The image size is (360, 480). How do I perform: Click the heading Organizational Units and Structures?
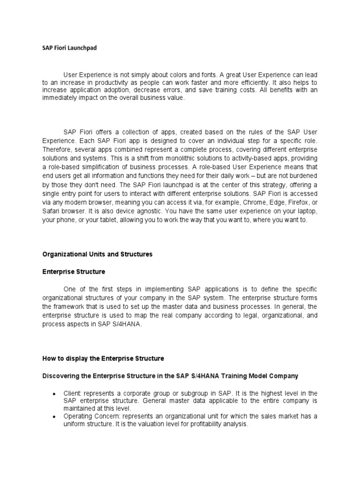pyautogui.click(x=97, y=255)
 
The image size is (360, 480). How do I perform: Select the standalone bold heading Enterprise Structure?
pyautogui.click(x=74, y=272)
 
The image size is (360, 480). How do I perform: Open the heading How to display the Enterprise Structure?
pyautogui.click(x=103, y=359)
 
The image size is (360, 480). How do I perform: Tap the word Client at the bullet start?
pyautogui.click(x=72, y=393)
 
